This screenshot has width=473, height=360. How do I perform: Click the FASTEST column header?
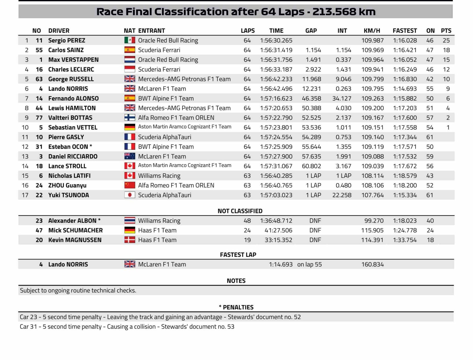(x=405, y=31)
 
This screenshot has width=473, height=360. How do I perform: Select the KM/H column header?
(x=372, y=31)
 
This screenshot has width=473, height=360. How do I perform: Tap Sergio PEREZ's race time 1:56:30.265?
(x=276, y=40)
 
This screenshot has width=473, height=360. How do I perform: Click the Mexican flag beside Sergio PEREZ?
(x=130, y=40)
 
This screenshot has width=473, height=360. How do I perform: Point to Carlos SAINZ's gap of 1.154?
(x=313, y=50)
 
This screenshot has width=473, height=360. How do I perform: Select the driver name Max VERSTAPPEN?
(x=73, y=60)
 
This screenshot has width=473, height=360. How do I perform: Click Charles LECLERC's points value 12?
(x=446, y=69)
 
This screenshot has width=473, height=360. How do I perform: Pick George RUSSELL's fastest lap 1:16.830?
(x=405, y=79)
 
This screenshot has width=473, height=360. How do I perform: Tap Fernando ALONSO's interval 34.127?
(x=342, y=98)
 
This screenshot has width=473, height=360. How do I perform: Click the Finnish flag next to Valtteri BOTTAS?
(x=130, y=118)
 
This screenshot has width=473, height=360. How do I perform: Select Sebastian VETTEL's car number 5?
(x=41, y=127)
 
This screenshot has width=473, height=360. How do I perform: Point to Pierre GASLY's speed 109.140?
(x=372, y=137)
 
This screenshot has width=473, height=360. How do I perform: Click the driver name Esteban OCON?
(x=68, y=147)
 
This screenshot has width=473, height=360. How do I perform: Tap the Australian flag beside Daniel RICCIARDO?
(x=130, y=156)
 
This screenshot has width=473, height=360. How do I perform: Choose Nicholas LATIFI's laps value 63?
(x=247, y=176)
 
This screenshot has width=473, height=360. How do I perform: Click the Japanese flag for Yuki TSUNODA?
(x=130, y=195)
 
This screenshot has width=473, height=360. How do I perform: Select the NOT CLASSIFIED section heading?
(x=240, y=211)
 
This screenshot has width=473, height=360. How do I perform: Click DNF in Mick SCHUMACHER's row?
(x=315, y=230)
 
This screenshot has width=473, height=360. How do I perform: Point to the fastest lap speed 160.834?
(x=372, y=265)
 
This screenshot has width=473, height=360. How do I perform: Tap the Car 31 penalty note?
(x=127, y=327)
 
